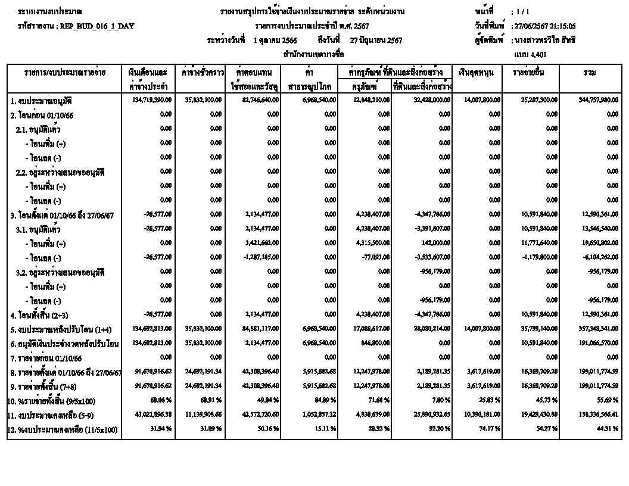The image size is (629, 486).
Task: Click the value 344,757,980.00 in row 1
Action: click(598, 99)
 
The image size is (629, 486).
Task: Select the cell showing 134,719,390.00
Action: click(152, 99)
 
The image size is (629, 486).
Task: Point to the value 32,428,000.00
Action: click(430, 99)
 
